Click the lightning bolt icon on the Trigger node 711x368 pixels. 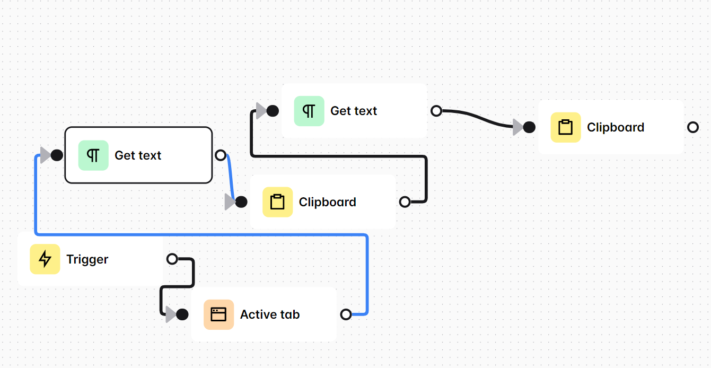pyautogui.click(x=45, y=259)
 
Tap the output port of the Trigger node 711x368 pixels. pyautogui.click(x=172, y=259)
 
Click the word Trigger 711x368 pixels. pyautogui.click(x=87, y=259)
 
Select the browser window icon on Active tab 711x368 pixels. pyautogui.click(x=218, y=314)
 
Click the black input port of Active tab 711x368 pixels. pyautogui.click(x=182, y=314)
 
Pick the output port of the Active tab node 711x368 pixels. pyautogui.click(x=346, y=314)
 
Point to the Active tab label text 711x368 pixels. pyautogui.click(x=270, y=314)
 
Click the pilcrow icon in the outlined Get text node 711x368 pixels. pyautogui.click(x=93, y=155)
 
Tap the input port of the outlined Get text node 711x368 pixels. pyautogui.click(x=57, y=155)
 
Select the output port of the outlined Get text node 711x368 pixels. pyautogui.click(x=221, y=155)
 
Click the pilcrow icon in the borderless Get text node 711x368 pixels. pyautogui.click(x=309, y=111)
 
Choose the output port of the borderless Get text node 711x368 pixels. pyautogui.click(x=436, y=111)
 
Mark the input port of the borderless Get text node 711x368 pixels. pyautogui.click(x=273, y=111)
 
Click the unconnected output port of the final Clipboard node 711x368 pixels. pyautogui.click(x=693, y=127)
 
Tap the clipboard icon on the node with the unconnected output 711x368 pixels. pyautogui.click(x=566, y=127)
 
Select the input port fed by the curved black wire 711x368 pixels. pyautogui.click(x=529, y=127)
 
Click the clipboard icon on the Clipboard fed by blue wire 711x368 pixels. pyautogui.click(x=277, y=202)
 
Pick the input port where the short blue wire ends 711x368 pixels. pyautogui.click(x=241, y=202)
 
